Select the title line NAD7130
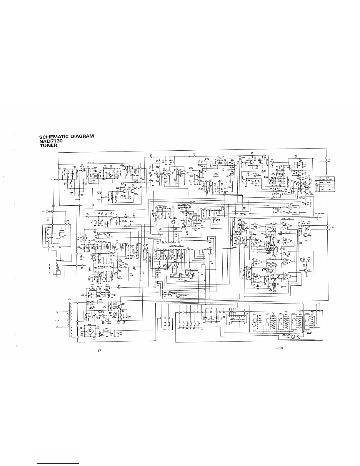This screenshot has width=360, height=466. click(51, 140)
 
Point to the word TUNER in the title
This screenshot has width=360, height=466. click(48, 144)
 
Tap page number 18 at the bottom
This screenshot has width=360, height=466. click(281, 348)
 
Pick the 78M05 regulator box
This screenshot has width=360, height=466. click(102, 331)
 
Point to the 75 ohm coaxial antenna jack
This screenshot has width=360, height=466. click(52, 211)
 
